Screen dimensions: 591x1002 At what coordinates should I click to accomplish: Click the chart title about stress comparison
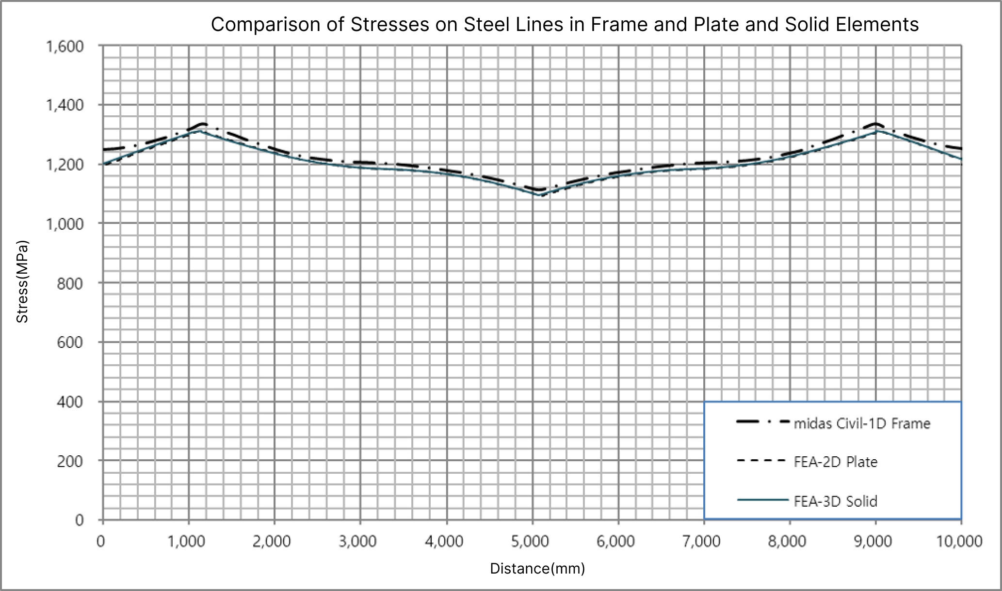(x=565, y=24)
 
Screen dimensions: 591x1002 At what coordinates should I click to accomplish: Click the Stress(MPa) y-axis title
(x=22, y=281)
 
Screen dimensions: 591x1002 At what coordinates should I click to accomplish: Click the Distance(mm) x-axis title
(x=537, y=568)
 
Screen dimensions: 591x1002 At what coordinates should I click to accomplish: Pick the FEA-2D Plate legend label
(x=836, y=462)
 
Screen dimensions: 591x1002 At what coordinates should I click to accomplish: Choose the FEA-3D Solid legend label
(x=836, y=501)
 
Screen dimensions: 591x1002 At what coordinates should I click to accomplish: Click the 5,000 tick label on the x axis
(x=533, y=541)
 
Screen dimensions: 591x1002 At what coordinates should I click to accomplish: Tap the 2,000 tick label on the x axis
(x=275, y=541)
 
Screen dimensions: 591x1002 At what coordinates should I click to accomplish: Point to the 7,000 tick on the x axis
(x=704, y=541)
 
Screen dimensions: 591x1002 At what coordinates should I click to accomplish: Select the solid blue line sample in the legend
(x=761, y=500)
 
